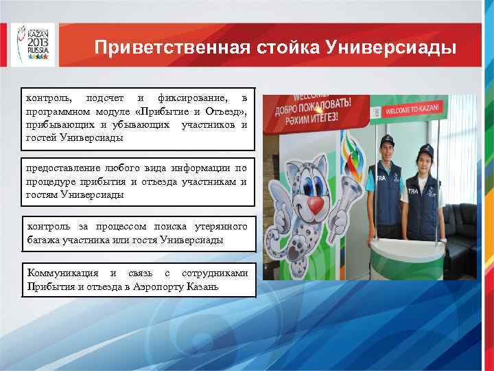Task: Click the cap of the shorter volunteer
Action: point(425,149)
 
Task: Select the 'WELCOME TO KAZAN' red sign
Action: point(419,110)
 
